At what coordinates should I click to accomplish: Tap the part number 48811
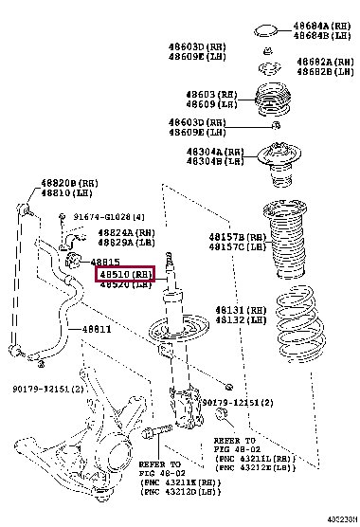coord(95,329)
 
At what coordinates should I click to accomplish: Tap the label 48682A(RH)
coord(326,61)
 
